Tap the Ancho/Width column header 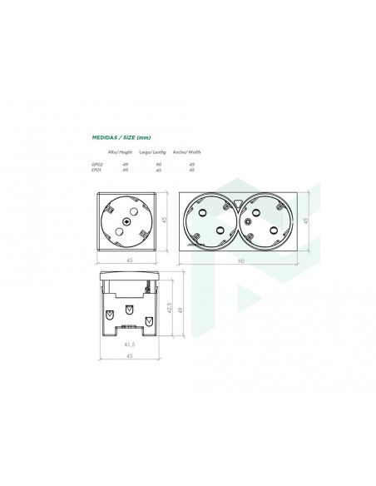(188, 152)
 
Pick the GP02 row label (97, 164)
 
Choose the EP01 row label (96, 170)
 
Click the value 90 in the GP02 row (157, 164)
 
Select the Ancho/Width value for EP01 (192, 170)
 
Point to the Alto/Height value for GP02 (126, 164)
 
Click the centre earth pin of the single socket (127, 221)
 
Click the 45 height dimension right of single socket (165, 220)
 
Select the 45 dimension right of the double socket (307, 220)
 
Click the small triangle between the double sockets (240, 202)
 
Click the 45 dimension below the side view (128, 355)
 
